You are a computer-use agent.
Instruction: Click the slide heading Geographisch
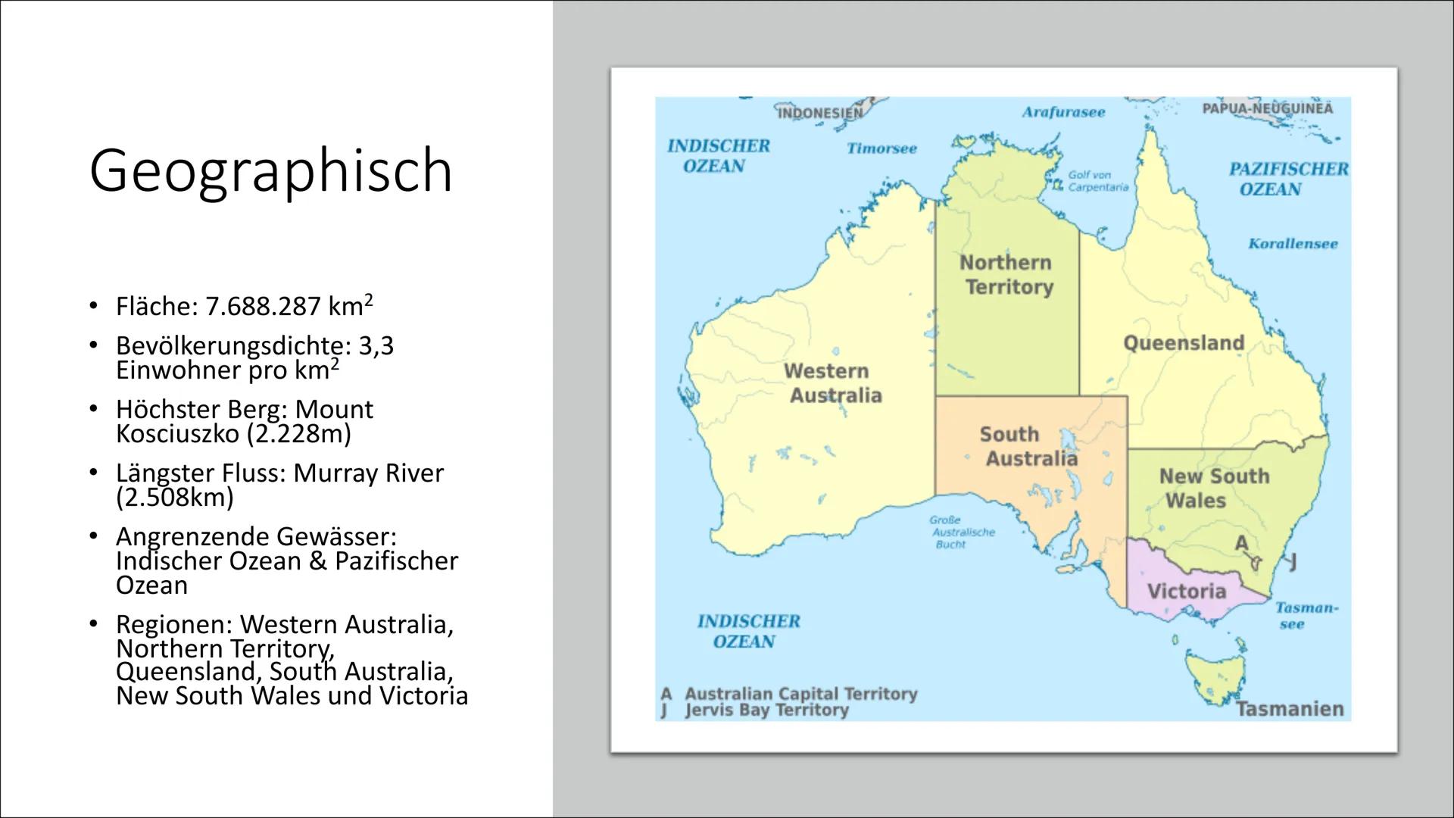pos(270,170)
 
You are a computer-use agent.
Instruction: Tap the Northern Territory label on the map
pos(1006,275)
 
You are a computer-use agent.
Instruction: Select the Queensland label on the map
pos(1183,343)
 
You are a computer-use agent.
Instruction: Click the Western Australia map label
pos(832,383)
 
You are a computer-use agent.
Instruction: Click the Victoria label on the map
pos(1186,591)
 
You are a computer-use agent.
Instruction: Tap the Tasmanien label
pos(1289,709)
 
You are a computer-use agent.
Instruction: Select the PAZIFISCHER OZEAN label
pos(1287,179)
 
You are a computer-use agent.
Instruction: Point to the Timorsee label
pos(881,148)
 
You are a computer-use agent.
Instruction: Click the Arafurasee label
pos(1063,112)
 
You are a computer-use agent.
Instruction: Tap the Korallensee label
pos(1293,244)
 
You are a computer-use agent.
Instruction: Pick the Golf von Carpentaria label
pos(1097,181)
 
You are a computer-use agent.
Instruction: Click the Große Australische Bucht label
pos(960,532)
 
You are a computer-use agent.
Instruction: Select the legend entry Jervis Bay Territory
pos(766,710)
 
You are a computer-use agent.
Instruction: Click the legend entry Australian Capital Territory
pos(800,694)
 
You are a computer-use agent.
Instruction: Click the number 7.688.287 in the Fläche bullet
pos(263,307)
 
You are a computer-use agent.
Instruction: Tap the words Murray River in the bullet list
pos(368,473)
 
